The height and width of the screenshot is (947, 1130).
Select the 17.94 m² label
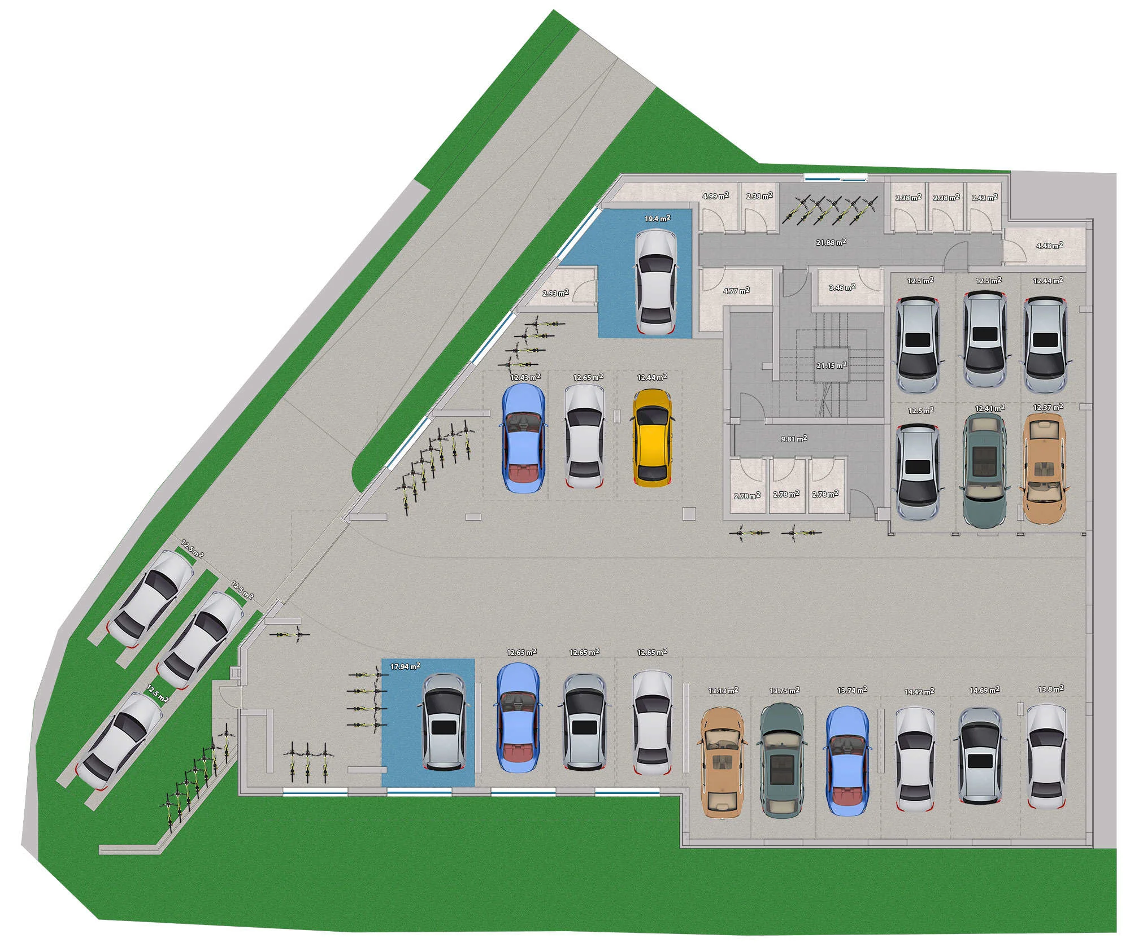click(x=405, y=666)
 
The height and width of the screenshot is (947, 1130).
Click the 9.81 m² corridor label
click(x=793, y=438)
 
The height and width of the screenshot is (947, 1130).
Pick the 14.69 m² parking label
click(x=985, y=689)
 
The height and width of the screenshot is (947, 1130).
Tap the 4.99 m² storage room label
click(x=715, y=196)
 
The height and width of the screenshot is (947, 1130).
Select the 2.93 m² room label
click(x=555, y=293)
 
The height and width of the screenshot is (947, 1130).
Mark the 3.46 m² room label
click(x=842, y=287)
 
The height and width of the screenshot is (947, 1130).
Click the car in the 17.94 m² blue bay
click(x=444, y=722)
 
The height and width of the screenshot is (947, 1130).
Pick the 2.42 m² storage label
click(x=985, y=198)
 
